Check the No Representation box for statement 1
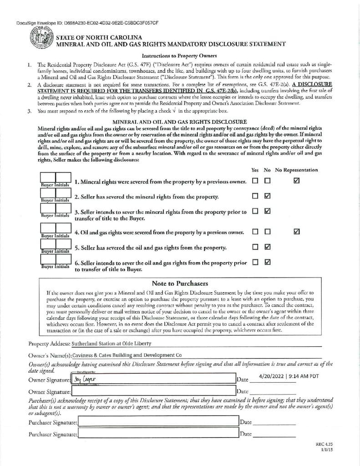point(297,181)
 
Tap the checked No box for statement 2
point(268,196)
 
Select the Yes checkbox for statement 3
point(255,211)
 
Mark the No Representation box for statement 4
point(297,232)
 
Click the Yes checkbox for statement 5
point(255,247)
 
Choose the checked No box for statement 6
point(268,262)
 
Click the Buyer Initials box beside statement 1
point(55,180)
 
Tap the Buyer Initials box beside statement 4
point(55,231)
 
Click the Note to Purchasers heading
point(180,283)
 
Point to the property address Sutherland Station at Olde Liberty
point(112,344)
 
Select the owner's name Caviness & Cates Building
point(130,355)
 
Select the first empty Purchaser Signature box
point(157,422)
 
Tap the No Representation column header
point(296,170)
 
